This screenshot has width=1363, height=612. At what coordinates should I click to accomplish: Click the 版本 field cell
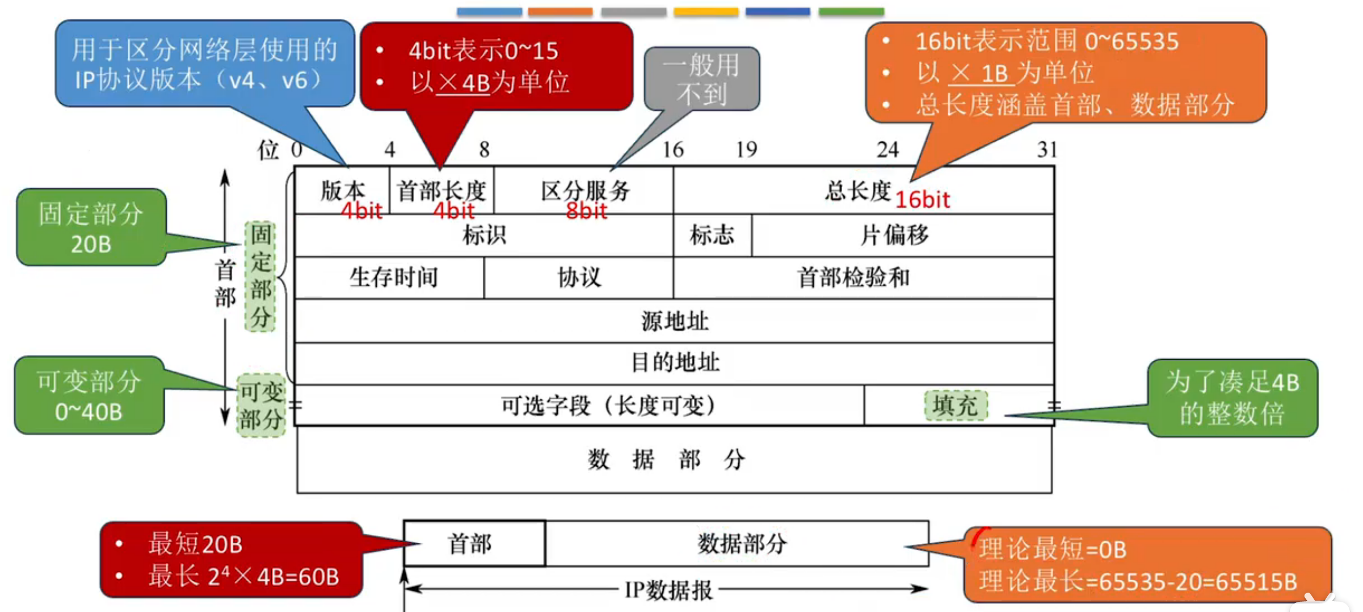click(342, 191)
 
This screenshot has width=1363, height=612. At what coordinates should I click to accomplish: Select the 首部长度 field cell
click(441, 191)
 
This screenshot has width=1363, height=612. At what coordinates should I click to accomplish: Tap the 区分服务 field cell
click(585, 191)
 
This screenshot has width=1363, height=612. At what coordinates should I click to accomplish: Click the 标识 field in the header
click(483, 235)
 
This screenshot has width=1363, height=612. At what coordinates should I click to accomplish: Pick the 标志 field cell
click(712, 235)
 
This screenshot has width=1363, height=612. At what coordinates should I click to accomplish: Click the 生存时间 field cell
click(393, 278)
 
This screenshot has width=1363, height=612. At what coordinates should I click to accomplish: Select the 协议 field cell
click(579, 278)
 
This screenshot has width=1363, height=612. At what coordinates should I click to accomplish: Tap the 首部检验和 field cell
click(853, 278)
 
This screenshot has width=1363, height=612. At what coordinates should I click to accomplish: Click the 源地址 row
click(674, 321)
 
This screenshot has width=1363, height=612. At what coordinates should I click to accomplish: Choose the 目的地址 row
click(674, 362)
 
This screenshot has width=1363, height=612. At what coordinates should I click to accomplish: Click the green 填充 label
click(956, 406)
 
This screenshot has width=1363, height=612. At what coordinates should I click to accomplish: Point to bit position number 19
click(746, 150)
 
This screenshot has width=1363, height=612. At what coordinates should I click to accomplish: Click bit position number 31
click(1046, 150)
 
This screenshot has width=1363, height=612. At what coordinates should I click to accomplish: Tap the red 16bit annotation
click(922, 200)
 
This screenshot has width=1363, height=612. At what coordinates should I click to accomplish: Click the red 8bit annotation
click(586, 212)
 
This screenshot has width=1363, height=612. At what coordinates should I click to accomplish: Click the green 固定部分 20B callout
click(91, 227)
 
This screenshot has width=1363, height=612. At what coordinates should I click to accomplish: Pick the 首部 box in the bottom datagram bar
click(470, 544)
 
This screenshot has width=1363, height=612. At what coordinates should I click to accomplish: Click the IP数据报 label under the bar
click(668, 590)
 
